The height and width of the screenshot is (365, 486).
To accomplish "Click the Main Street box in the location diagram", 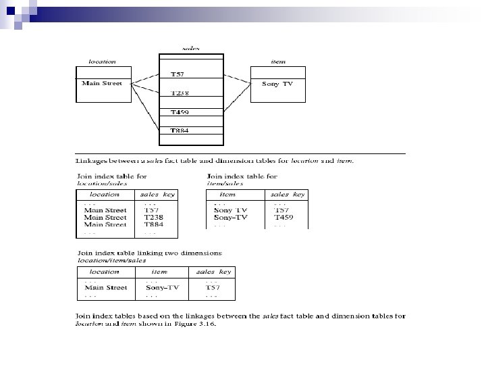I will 103,84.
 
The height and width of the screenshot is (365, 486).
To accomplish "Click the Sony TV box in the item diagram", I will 277,84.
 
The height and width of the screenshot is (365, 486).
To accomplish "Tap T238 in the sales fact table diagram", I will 180,93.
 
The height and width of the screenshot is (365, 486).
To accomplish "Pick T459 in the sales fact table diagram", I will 180,112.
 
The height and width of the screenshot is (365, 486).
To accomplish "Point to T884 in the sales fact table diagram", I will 180,130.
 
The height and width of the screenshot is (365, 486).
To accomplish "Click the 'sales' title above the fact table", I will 191,48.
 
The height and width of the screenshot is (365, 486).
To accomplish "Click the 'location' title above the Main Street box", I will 103,61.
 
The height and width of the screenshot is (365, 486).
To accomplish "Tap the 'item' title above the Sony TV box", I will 277,61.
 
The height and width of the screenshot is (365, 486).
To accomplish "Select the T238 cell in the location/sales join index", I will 154,218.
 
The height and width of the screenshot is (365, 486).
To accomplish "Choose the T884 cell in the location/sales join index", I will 154,225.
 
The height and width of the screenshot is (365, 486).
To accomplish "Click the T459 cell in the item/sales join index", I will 283,218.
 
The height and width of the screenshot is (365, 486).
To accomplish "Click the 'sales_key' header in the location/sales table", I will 157,194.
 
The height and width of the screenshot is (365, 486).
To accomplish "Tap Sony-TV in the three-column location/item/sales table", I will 163,287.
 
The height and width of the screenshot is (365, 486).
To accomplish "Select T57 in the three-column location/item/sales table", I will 213,287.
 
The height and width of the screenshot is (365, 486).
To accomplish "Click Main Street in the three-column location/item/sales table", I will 105,287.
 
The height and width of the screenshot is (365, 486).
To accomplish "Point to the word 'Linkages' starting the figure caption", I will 90,160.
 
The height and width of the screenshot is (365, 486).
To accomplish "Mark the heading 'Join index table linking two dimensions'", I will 148,253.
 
